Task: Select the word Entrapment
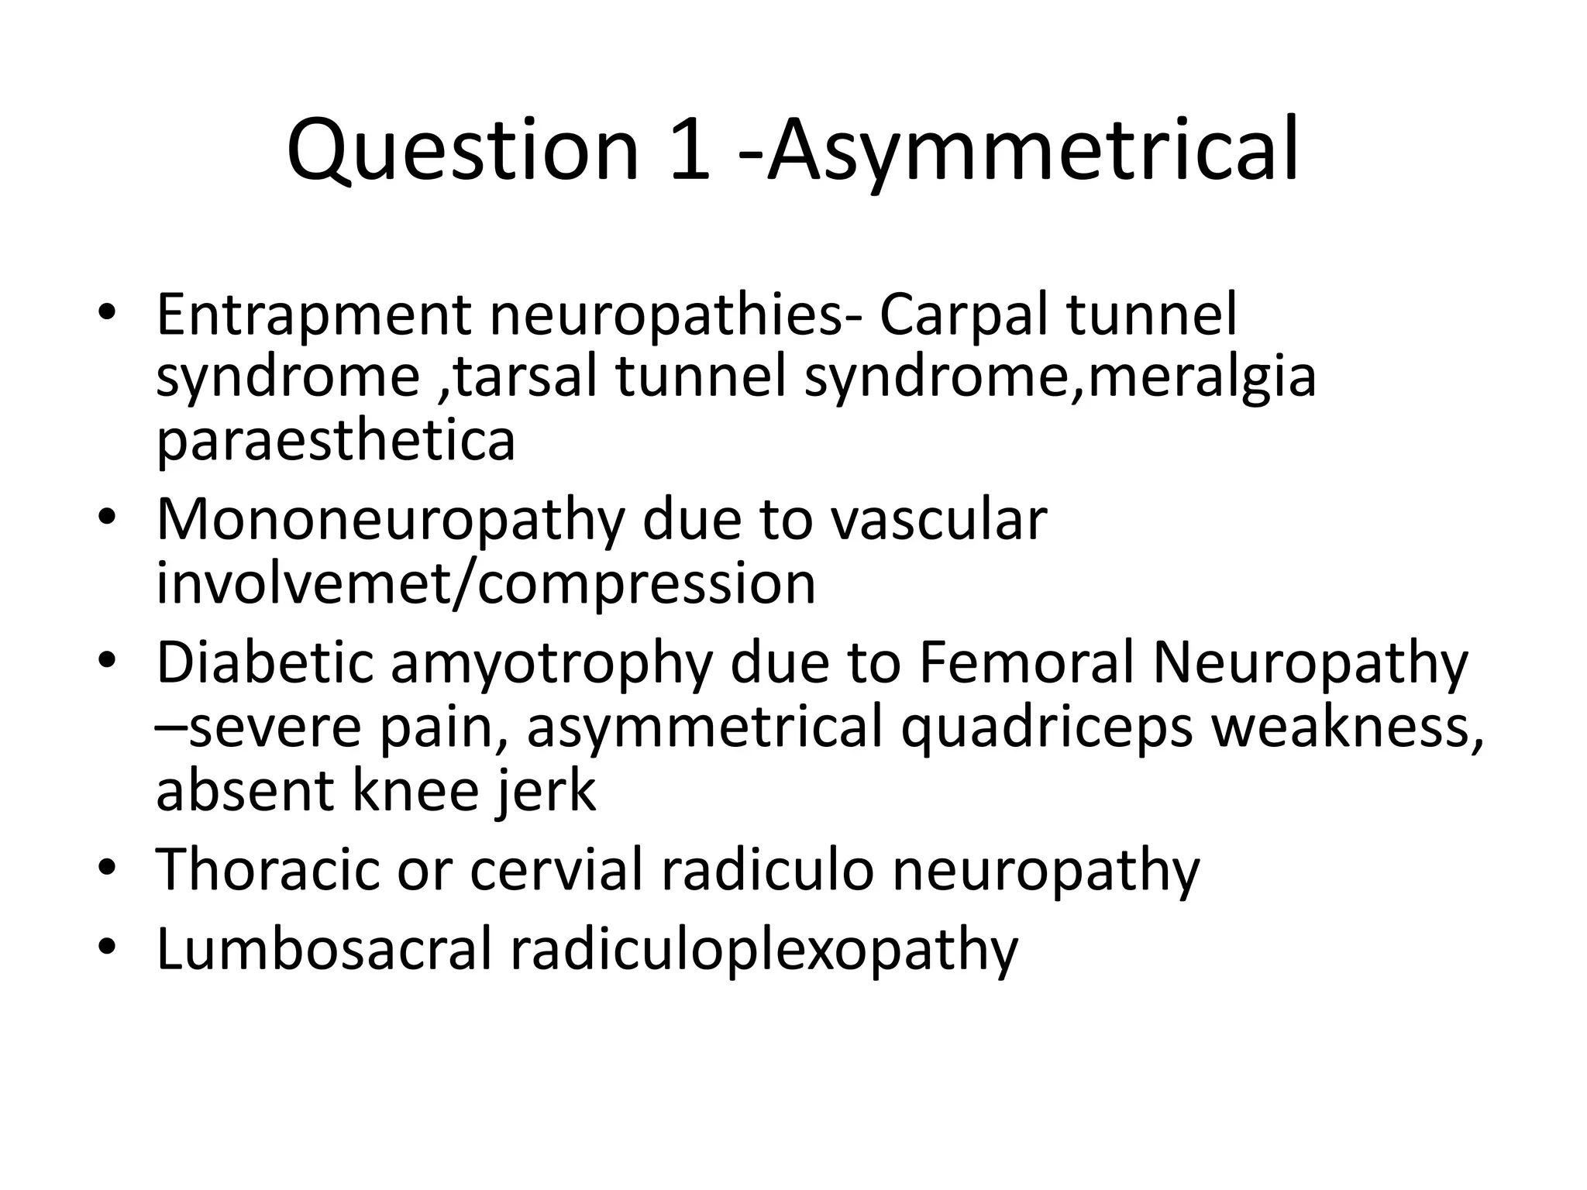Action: pyautogui.click(x=313, y=315)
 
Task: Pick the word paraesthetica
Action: pyautogui.click(x=336, y=440)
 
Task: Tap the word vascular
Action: pyautogui.click(x=938, y=519)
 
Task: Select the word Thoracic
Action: pyautogui.click(x=267, y=869)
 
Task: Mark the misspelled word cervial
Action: pyautogui.click(x=556, y=869)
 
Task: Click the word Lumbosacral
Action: pyautogui.click(x=323, y=949)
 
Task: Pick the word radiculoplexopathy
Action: pyautogui.click(x=763, y=951)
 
